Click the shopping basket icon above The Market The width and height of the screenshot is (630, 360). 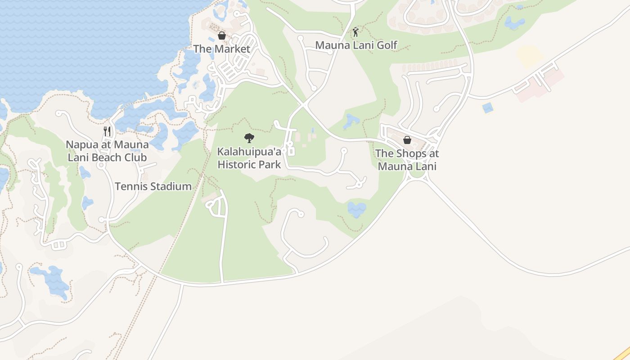221,36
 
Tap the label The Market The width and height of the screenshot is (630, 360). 221,49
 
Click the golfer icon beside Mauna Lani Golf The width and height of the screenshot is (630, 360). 355,32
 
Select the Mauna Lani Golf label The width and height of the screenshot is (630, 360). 356,45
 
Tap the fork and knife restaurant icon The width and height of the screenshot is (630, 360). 107,131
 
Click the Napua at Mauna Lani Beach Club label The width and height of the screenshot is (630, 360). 107,151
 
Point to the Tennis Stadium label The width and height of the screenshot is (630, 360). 153,186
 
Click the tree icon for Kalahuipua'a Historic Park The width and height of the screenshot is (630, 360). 249,138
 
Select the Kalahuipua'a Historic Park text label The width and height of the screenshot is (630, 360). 249,158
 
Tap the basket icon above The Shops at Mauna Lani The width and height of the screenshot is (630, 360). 407,140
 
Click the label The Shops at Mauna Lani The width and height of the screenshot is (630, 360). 407,159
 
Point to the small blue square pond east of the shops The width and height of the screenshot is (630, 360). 487,108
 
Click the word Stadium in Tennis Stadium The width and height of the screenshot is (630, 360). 171,186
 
